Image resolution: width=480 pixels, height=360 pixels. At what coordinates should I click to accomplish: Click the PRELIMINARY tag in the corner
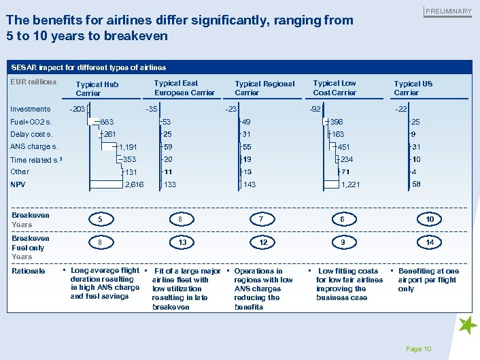click(448, 12)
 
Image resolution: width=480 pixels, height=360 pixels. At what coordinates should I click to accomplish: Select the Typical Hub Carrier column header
click(97, 88)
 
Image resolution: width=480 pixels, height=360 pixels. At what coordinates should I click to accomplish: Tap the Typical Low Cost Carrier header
click(335, 88)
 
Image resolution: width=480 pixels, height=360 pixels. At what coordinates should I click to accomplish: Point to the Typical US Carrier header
click(413, 88)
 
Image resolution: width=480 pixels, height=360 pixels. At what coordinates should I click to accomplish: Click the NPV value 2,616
click(135, 184)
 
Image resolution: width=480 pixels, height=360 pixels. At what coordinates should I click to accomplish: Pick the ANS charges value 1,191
click(128, 147)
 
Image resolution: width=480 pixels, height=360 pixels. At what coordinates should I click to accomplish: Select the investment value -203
click(78, 109)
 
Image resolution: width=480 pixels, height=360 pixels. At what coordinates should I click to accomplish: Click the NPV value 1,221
click(350, 184)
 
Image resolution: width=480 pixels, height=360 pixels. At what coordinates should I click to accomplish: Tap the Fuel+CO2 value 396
click(338, 122)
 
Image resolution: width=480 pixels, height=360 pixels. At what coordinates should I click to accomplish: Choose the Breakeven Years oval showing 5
click(101, 220)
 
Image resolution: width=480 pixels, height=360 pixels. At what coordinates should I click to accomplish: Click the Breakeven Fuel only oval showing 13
click(182, 243)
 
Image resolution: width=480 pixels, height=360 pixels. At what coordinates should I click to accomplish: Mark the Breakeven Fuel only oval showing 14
click(430, 243)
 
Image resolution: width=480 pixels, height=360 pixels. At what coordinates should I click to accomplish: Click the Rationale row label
click(29, 271)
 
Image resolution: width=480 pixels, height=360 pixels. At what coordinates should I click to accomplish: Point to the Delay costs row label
click(32, 134)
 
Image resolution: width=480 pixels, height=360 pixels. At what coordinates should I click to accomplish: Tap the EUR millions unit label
click(34, 82)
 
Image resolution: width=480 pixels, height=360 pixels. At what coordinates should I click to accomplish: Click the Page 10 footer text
click(418, 349)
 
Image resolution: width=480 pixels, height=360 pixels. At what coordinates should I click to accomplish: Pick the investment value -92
click(315, 109)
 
